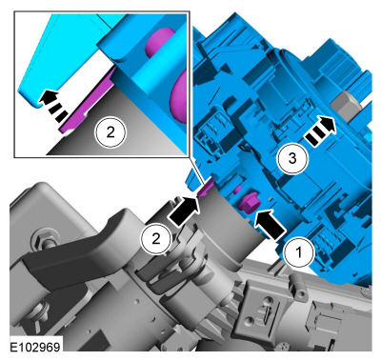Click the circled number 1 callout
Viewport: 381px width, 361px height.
click(x=298, y=253)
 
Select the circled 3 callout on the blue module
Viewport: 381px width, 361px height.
click(x=292, y=158)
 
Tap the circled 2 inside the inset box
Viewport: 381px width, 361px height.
click(x=110, y=132)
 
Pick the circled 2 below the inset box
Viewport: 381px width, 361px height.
click(x=156, y=239)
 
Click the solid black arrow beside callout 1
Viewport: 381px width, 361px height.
click(x=271, y=224)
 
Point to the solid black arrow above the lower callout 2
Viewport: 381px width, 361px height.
click(x=185, y=210)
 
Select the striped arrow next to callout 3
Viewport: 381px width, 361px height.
click(x=320, y=132)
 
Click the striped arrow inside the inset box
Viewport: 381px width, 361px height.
click(x=54, y=105)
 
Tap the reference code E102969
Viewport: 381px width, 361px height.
click(x=35, y=347)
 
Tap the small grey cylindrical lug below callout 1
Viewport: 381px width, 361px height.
click(x=296, y=283)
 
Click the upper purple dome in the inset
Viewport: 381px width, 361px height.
click(x=159, y=40)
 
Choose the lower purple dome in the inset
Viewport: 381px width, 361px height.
click(x=178, y=95)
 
